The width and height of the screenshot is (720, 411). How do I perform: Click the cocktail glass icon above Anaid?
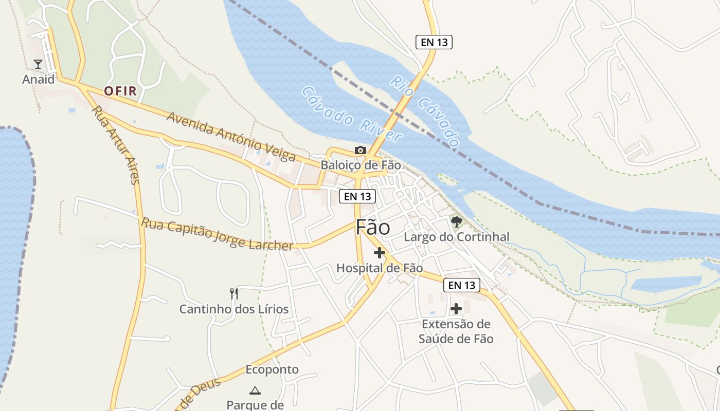38,64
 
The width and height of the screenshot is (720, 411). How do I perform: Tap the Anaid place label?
38,80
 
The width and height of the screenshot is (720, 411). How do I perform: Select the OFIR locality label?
120,91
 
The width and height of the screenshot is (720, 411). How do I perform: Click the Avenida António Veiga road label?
231,136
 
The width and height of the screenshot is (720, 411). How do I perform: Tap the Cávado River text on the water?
351,114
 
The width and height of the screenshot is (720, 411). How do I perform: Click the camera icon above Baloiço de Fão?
361,151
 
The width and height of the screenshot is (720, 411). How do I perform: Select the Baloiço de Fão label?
361,165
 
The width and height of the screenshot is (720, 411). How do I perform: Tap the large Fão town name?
373,228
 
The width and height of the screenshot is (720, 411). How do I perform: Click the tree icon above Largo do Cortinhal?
456,222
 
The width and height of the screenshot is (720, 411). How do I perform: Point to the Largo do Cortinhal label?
456,237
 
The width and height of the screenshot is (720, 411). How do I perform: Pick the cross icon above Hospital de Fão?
380,253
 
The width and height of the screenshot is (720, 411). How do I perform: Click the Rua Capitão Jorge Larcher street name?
217,234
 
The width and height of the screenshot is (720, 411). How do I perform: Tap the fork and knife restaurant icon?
234,294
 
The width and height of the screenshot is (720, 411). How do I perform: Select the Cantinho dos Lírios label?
234,309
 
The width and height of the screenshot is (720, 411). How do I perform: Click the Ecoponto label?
272,370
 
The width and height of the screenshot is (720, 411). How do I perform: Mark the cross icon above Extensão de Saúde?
456,309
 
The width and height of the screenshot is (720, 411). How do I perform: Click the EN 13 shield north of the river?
434,42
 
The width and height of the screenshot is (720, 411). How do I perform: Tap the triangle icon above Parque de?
255,390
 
